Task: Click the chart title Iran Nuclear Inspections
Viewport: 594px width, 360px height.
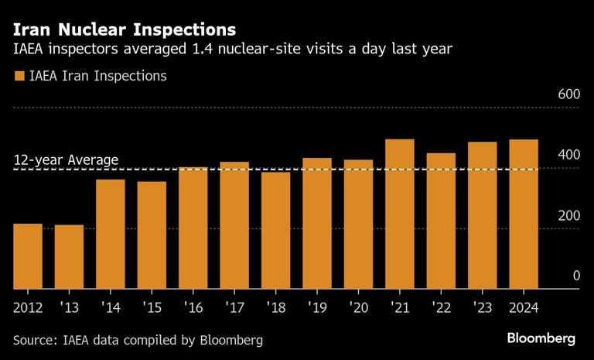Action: (x=125, y=30)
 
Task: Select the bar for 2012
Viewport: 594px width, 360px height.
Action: (x=28, y=255)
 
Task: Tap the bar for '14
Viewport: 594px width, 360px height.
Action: (x=111, y=234)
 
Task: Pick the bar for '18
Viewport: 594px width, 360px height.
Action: (x=275, y=230)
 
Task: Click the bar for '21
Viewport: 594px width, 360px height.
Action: (x=400, y=214)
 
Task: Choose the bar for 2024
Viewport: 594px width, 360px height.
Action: (x=524, y=214)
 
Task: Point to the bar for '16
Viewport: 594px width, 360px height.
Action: (x=193, y=228)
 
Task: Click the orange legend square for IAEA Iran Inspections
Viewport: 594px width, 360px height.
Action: (x=19, y=77)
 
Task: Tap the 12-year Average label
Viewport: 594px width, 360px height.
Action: (x=66, y=160)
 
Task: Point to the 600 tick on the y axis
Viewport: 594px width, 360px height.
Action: (x=568, y=94)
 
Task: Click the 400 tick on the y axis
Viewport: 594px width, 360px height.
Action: (x=568, y=155)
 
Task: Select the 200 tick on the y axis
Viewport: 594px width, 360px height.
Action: (x=568, y=215)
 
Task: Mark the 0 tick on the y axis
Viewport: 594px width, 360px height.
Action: (x=575, y=276)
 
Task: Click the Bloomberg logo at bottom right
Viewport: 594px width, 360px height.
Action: (x=541, y=339)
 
